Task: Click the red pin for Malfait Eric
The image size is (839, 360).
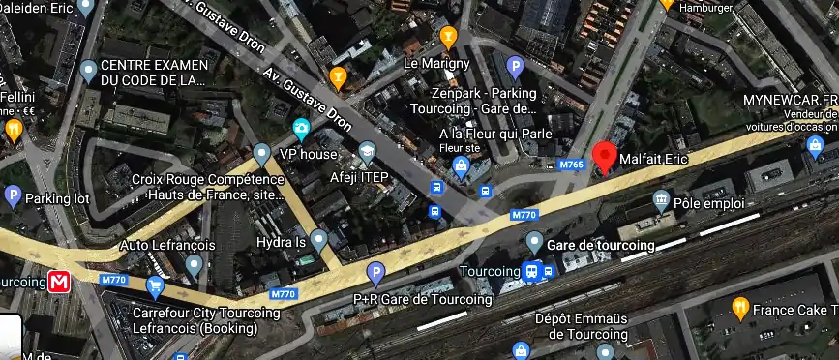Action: tap(605, 156)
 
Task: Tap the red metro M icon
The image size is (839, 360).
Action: tap(60, 282)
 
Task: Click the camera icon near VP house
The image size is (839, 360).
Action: tap(301, 128)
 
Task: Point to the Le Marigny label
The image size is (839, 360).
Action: tap(436, 63)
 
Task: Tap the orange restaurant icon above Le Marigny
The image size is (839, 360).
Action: tap(447, 38)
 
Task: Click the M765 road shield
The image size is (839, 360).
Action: tap(572, 165)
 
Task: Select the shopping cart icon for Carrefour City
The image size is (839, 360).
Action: tap(155, 286)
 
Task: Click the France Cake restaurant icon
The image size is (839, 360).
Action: tap(741, 309)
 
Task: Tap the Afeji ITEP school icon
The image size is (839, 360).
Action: tap(367, 153)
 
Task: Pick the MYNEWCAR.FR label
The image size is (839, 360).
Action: tap(790, 100)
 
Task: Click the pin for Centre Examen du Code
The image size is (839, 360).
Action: tap(89, 70)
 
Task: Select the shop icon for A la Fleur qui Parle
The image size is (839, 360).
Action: tap(461, 168)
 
